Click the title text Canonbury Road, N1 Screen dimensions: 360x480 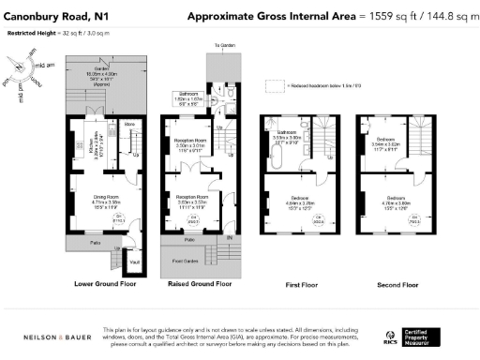[54, 17]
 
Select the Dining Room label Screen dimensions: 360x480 [104, 196]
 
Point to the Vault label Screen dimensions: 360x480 [133, 262]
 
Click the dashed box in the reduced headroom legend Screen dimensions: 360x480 [274, 85]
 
